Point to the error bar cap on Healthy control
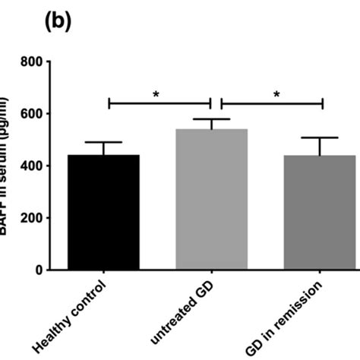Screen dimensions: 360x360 (x=103, y=142)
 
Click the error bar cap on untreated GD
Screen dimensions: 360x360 (x=211, y=119)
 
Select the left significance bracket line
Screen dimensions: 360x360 (x=159, y=103)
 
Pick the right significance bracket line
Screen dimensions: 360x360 (x=272, y=103)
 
